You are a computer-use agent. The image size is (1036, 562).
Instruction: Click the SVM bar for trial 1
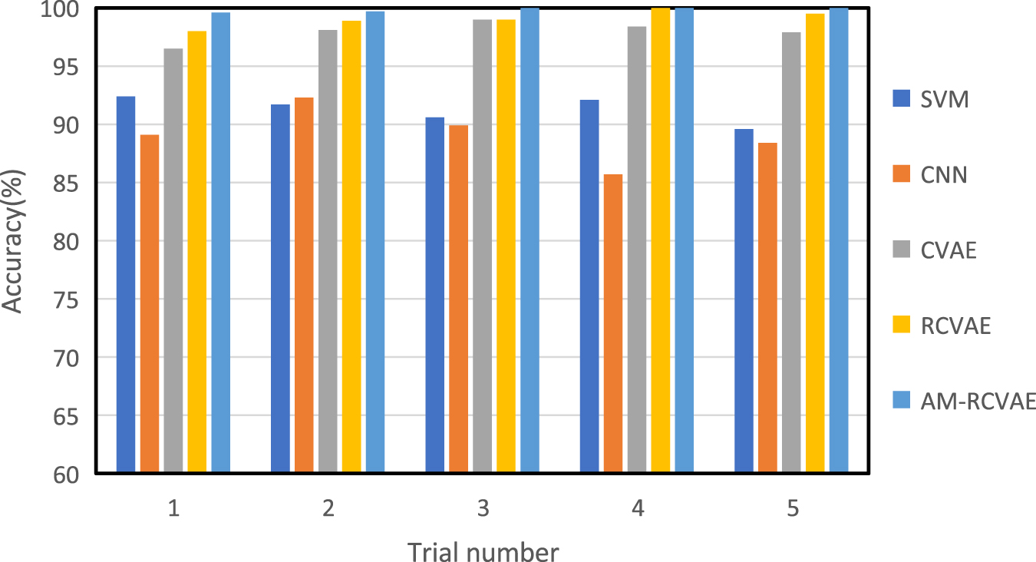pos(126,284)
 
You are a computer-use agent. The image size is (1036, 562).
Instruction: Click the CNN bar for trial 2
pos(304,285)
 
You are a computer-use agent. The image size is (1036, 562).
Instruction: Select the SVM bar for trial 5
pos(744,300)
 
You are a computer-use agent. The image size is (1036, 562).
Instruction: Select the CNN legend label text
pos(943,175)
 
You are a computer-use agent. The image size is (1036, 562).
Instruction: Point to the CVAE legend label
pos(948,250)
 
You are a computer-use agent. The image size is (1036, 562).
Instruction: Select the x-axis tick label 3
pos(483,509)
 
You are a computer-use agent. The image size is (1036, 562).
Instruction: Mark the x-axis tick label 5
pos(792,509)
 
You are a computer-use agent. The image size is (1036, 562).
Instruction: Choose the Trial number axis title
pos(483,551)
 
